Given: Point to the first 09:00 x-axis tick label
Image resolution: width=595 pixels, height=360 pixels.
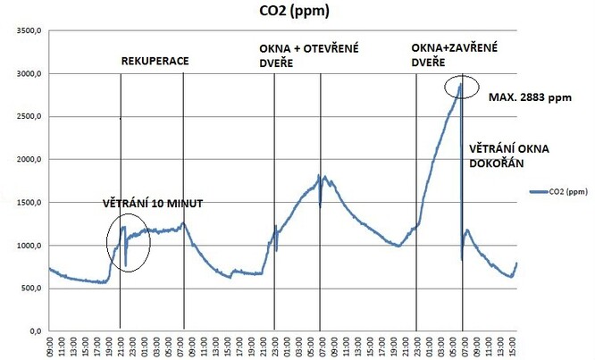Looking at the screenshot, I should [x=50, y=345].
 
